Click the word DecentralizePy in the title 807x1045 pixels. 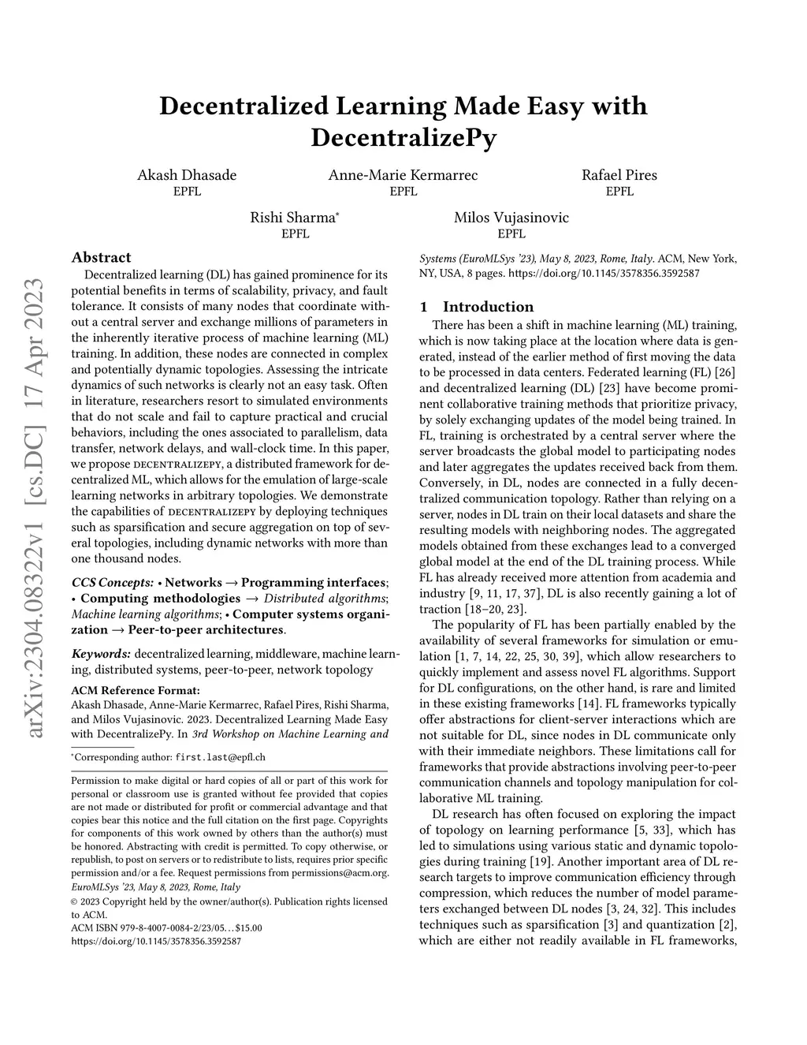click(x=403, y=137)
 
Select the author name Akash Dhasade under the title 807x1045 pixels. click(x=187, y=175)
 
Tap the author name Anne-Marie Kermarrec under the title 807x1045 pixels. click(x=403, y=175)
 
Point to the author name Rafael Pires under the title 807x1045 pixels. click(x=619, y=175)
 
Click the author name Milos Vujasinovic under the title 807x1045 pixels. click(x=511, y=218)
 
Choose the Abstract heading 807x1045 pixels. click(x=101, y=257)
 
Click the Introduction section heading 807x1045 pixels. click(x=488, y=307)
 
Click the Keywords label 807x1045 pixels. click(x=101, y=654)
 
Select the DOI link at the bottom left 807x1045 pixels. click(x=156, y=941)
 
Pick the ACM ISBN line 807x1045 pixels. click(x=166, y=928)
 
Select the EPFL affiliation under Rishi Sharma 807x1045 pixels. click(x=295, y=234)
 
